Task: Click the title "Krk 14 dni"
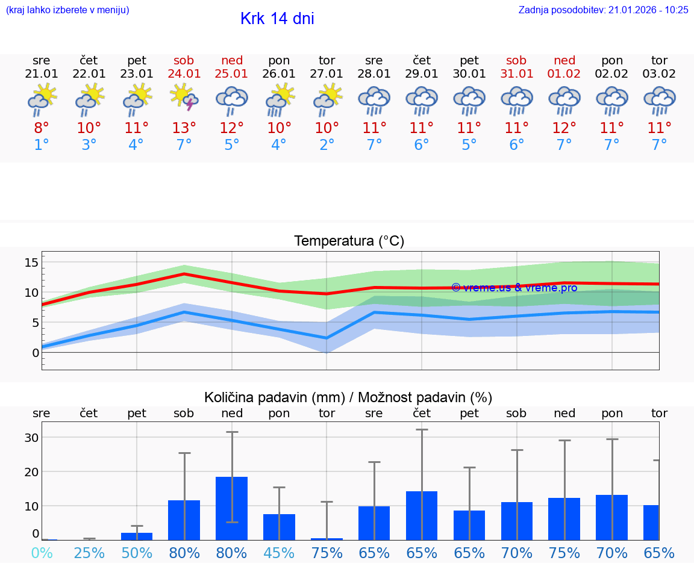pyautogui.click(x=277, y=19)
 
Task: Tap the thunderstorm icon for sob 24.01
pyautogui.click(x=184, y=98)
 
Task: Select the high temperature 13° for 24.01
pyautogui.click(x=184, y=128)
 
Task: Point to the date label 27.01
pyautogui.click(x=327, y=74)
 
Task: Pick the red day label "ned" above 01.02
pyautogui.click(x=564, y=60)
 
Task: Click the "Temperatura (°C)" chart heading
pyautogui.click(x=349, y=241)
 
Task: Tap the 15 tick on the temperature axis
pyautogui.click(x=31, y=262)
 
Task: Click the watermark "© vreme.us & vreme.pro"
pyautogui.click(x=514, y=288)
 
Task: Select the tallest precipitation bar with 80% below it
pyautogui.click(x=232, y=508)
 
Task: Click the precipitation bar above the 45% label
pyautogui.click(x=279, y=527)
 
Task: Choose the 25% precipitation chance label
pyautogui.click(x=89, y=553)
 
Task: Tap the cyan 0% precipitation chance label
pyautogui.click(x=42, y=553)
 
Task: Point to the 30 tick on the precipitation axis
pyautogui.click(x=31, y=438)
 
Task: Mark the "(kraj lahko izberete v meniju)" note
pyautogui.click(x=67, y=10)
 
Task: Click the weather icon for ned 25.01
pyautogui.click(x=232, y=99)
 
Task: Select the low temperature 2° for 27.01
pyautogui.click(x=327, y=145)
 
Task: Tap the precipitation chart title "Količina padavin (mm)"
pyautogui.click(x=274, y=397)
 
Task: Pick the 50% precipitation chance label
pyautogui.click(x=137, y=553)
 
